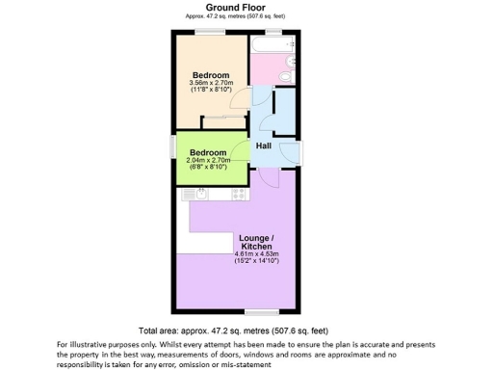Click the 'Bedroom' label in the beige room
pyautogui.click(x=210, y=75)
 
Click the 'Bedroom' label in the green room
pyautogui.click(x=207, y=152)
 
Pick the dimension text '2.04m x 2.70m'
pyautogui.click(x=207, y=161)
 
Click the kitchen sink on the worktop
pyautogui.click(x=201, y=196)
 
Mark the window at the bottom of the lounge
pyautogui.click(x=257, y=311)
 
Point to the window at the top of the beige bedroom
pyautogui.click(x=210, y=34)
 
